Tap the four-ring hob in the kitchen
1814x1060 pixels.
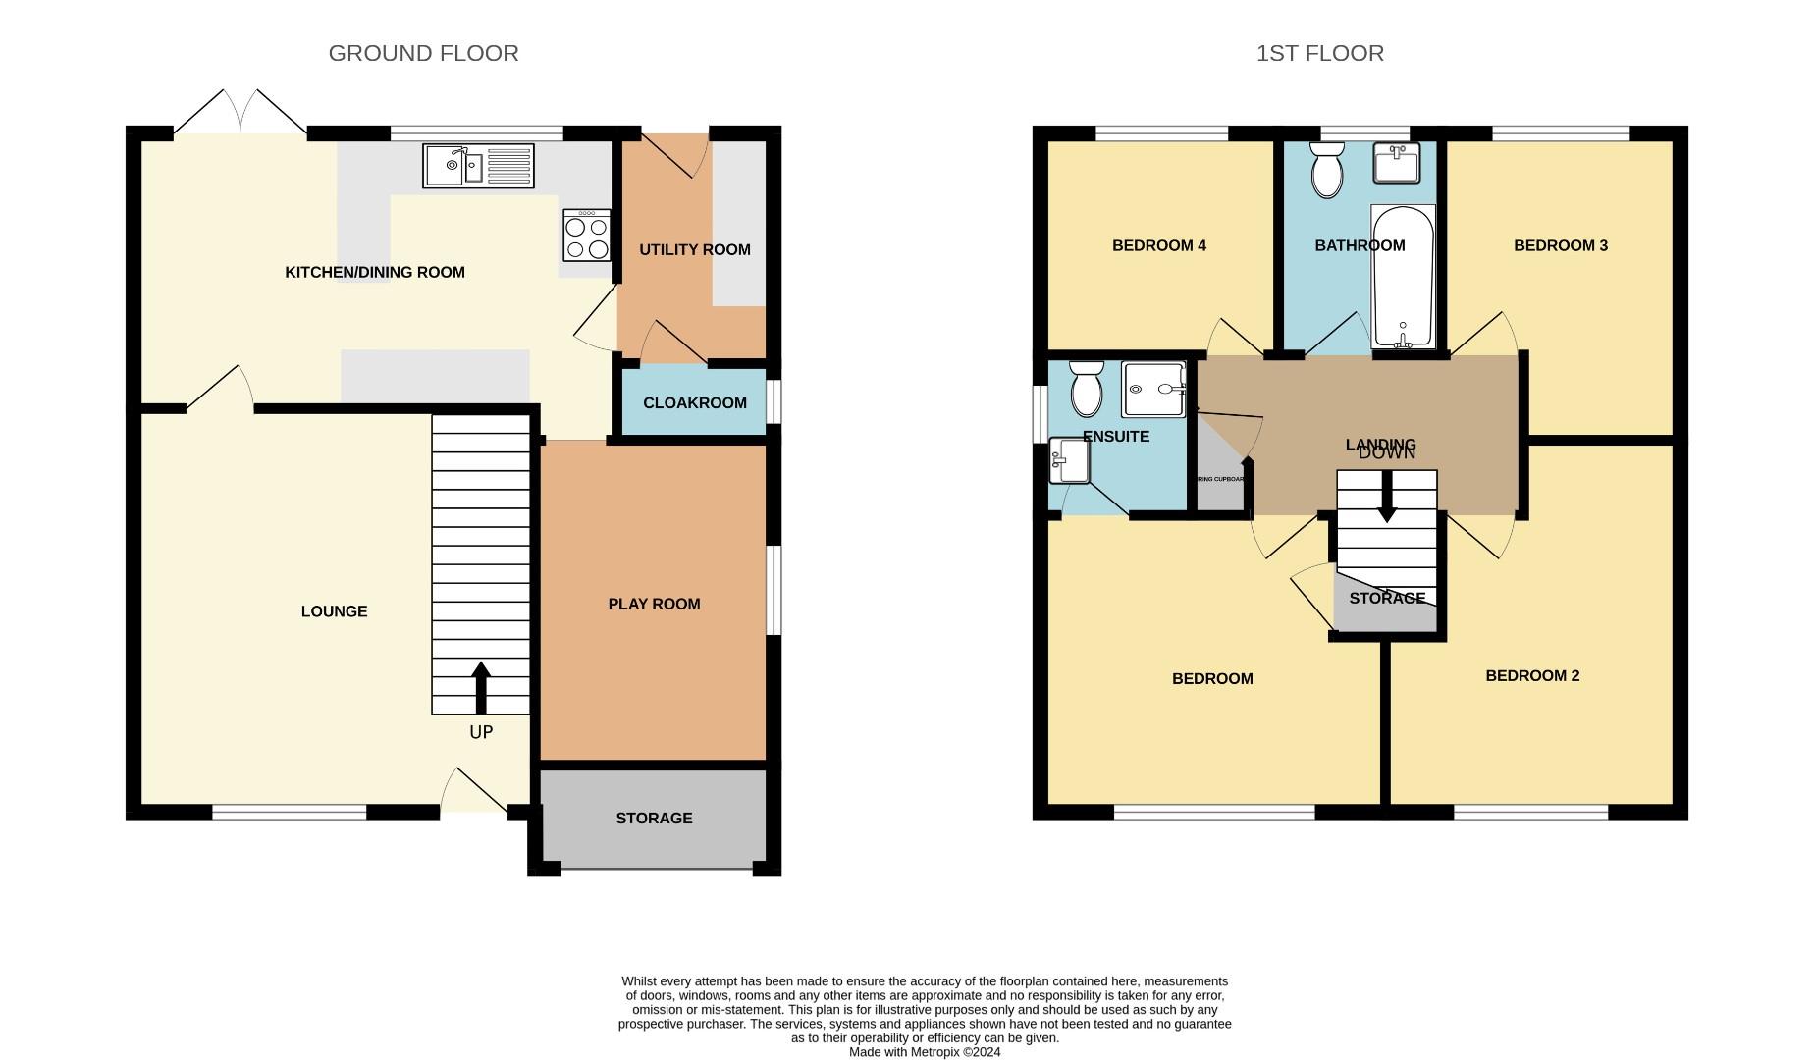[587, 237]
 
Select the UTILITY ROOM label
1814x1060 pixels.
[694, 249]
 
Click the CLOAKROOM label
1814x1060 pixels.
[694, 402]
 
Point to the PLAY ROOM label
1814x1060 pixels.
[654, 604]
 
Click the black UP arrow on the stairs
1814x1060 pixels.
[481, 687]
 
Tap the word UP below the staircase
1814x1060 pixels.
[481, 732]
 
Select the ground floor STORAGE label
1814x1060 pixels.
[654, 818]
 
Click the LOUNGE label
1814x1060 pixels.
[334, 611]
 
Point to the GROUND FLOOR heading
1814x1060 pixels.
[423, 53]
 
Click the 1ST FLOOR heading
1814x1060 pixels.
[1319, 53]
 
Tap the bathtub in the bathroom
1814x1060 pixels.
[1403, 277]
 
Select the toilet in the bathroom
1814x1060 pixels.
[1326, 171]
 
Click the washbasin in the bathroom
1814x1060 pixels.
[1396, 163]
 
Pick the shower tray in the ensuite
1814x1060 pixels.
[1153, 389]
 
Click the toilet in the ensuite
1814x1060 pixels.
[1087, 389]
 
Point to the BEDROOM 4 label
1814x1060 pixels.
[1158, 245]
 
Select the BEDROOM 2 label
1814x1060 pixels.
[1531, 675]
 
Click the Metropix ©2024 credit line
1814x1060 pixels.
[924, 1052]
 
